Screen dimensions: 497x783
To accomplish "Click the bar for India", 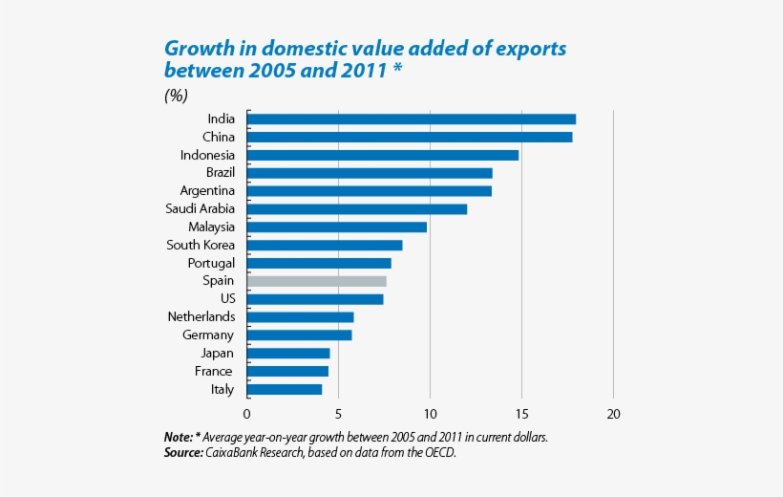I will (412, 119).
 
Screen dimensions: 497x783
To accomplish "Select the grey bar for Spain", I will (317, 281).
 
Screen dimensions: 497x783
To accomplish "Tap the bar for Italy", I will (285, 389).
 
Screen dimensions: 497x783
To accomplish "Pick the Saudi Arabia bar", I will (357, 208).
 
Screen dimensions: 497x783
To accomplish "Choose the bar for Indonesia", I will (383, 155).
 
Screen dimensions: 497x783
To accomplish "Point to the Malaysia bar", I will (337, 227).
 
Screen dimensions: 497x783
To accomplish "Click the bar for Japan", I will (288, 353).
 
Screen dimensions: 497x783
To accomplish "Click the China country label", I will (218, 137).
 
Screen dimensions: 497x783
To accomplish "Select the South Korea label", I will (200, 245).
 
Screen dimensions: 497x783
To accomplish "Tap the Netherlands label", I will (201, 316).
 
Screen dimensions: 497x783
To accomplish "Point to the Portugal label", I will (212, 263).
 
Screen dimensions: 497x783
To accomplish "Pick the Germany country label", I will (207, 335).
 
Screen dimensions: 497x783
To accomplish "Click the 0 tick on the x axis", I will (247, 414).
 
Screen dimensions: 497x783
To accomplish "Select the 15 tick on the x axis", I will (521, 414).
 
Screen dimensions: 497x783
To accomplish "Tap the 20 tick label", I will (613, 414).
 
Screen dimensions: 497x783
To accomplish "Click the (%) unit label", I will (176, 95).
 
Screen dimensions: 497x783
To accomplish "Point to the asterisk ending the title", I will (396, 71).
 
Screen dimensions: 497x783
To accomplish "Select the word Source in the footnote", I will (182, 452).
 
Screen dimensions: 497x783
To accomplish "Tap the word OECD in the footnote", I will (438, 452).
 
